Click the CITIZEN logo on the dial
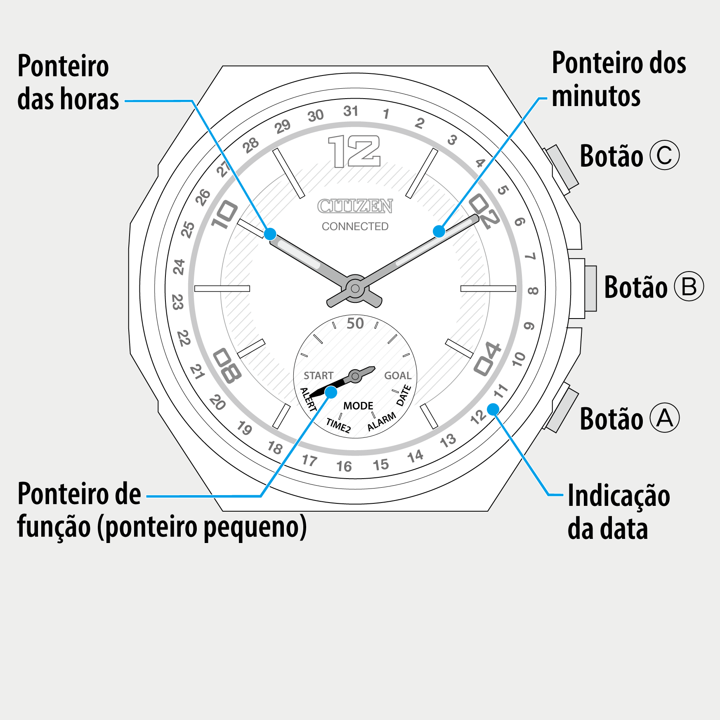click(x=355, y=206)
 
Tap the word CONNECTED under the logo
click(x=355, y=226)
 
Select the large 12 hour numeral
click(x=354, y=151)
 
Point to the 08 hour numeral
click(x=227, y=366)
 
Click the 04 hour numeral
click(x=487, y=359)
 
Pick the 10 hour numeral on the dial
click(x=224, y=215)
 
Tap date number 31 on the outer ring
click(x=351, y=111)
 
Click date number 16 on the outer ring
click(x=344, y=466)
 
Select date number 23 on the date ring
click(x=177, y=302)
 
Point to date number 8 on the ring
click(x=533, y=291)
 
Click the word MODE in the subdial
click(x=358, y=406)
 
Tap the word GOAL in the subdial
click(x=398, y=375)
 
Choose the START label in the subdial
click(x=318, y=375)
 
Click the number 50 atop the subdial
click(x=355, y=323)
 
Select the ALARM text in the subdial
click(x=382, y=422)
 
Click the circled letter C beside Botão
click(x=664, y=156)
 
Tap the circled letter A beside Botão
click(x=664, y=418)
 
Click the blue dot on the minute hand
click(x=439, y=231)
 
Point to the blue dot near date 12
click(x=493, y=409)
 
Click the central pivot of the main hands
click(x=355, y=288)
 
